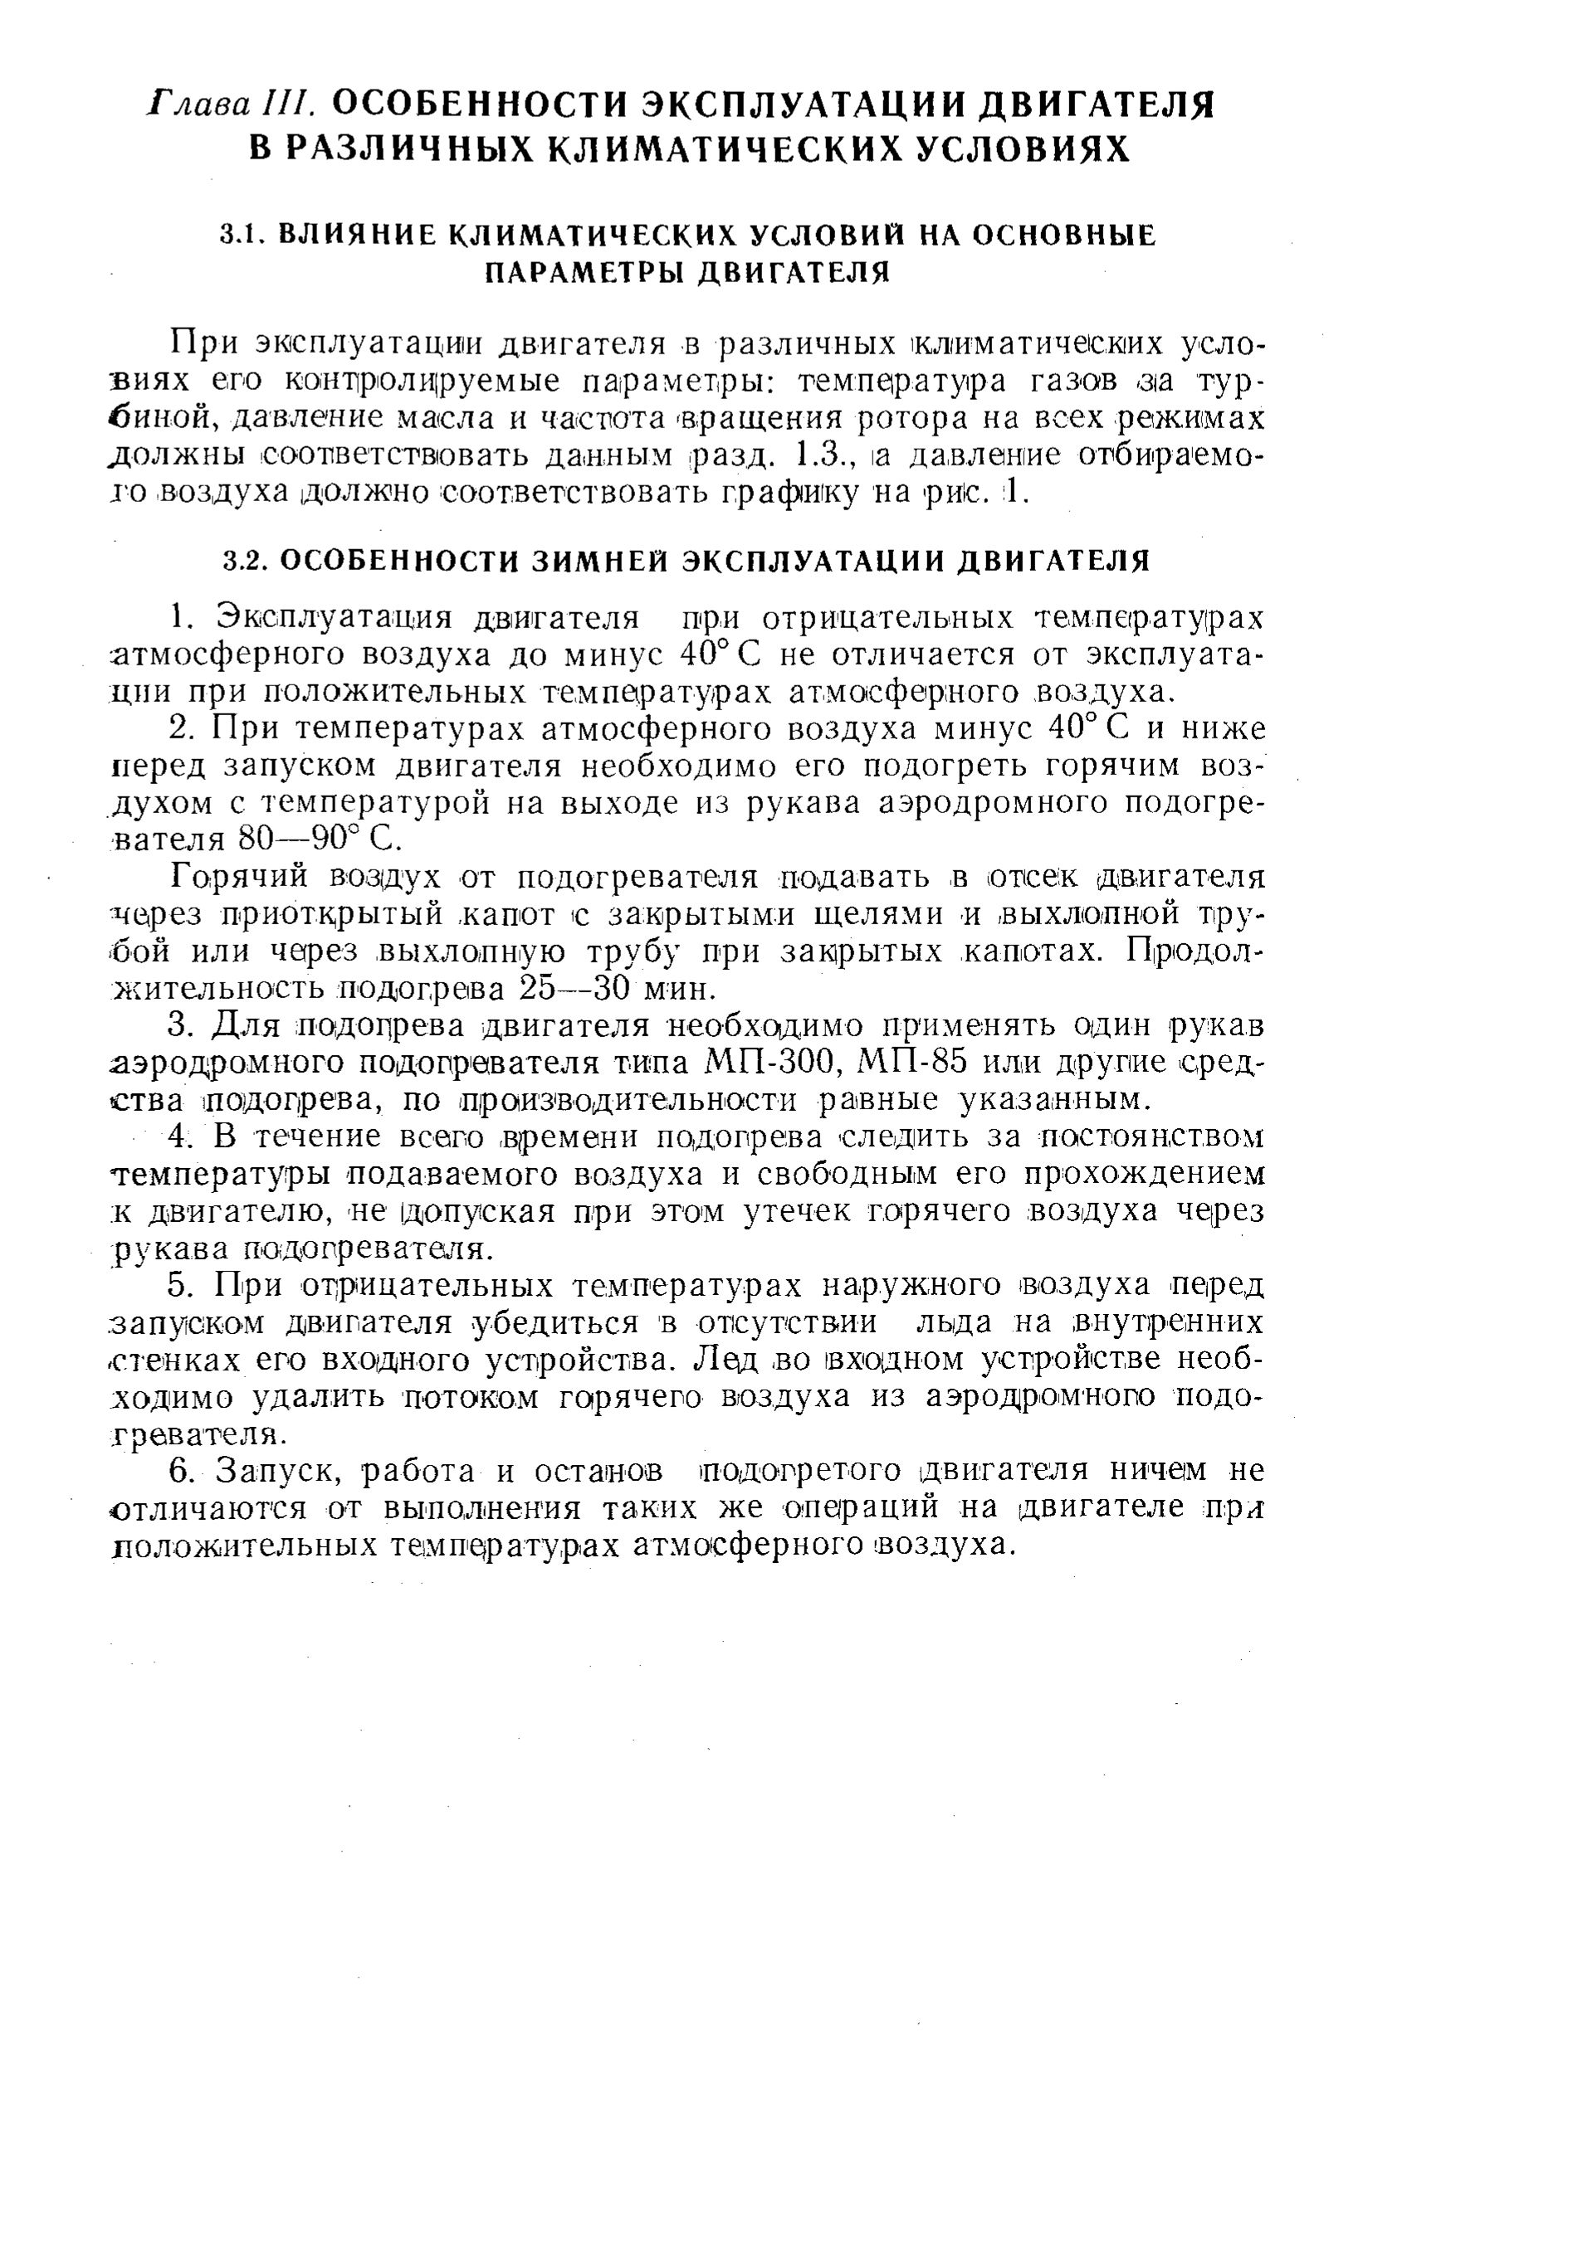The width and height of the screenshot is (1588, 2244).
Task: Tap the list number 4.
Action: (x=178, y=1137)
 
